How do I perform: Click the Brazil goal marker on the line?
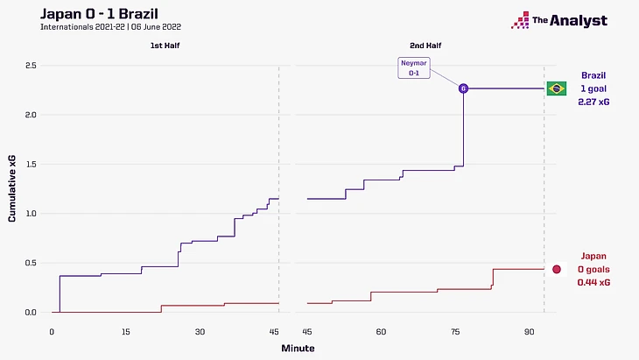pyautogui.click(x=463, y=88)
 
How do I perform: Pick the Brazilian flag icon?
pyautogui.click(x=555, y=88)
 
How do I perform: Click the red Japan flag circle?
pyautogui.click(x=555, y=269)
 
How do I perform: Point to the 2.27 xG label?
pyautogui.click(x=593, y=102)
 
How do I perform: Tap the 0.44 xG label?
pyautogui.click(x=593, y=283)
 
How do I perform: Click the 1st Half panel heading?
pyautogui.click(x=165, y=44)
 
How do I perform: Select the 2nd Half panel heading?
pyautogui.click(x=425, y=44)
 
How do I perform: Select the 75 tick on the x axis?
pyautogui.click(x=455, y=331)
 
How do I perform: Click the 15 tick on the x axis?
pyautogui.click(x=126, y=331)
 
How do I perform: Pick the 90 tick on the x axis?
pyautogui.click(x=530, y=331)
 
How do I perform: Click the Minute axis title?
pyautogui.click(x=298, y=348)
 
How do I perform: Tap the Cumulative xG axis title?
pyautogui.click(x=11, y=188)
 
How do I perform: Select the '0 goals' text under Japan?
pyautogui.click(x=593, y=270)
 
